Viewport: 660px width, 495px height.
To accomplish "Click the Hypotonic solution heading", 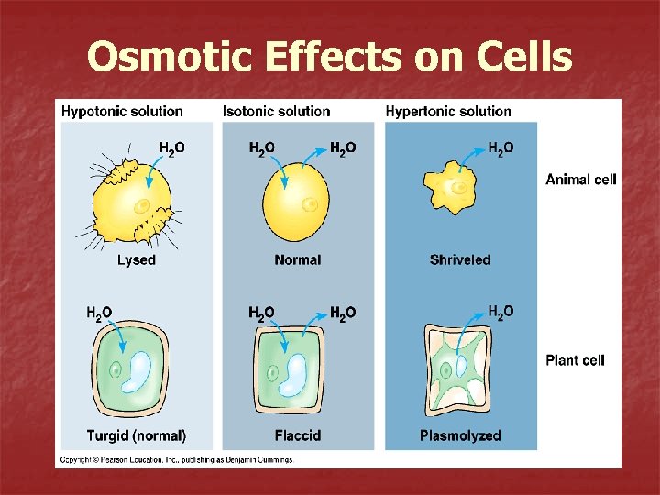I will pos(122,111).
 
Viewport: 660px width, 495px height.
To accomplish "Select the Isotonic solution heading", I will pos(276,111).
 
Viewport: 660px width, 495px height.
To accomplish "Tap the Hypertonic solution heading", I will pos(448,111).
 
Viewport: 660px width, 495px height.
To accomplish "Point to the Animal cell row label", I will pos(580,180).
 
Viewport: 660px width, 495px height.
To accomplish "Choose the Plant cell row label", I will pos(575,360).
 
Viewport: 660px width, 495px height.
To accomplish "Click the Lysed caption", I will pos(137,260).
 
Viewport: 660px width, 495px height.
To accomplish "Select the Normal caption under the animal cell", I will pos(298,260).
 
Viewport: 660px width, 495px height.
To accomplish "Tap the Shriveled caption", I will pos(460,260).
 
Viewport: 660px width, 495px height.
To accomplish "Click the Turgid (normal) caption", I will pos(137,435).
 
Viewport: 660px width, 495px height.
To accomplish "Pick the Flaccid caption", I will pos(298,435).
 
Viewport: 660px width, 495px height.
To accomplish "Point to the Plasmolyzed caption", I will pos(460,435).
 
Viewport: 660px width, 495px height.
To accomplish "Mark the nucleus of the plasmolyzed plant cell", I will pos(445,370).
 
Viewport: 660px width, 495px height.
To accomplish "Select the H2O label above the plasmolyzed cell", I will pos(500,313).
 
